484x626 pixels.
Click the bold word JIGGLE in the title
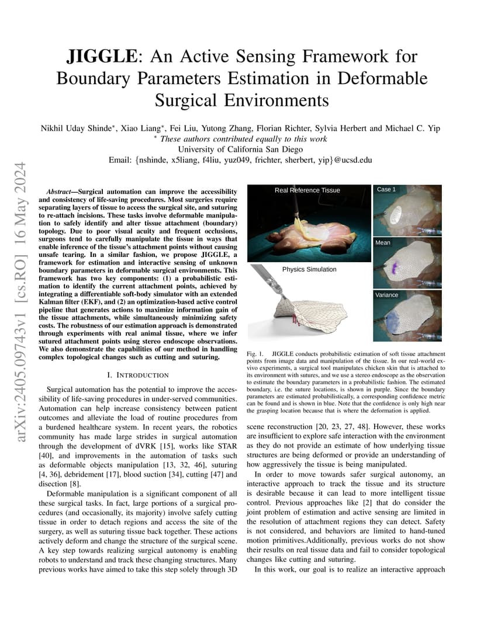[96, 57]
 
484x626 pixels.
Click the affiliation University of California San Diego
[241, 149]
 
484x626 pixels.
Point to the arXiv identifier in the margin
[22, 291]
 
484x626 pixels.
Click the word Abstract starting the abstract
[61, 192]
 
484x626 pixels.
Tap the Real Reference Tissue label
[307, 190]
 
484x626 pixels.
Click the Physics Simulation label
[309, 269]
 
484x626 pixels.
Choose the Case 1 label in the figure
[386, 190]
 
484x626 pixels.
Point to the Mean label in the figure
[383, 242]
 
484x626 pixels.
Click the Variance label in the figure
[387, 295]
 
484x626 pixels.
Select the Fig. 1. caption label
[256, 354]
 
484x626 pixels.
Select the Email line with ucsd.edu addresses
[241, 160]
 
